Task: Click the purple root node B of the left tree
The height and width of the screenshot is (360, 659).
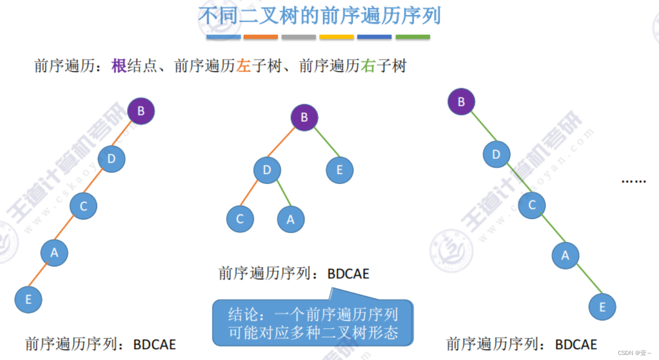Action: pyautogui.click(x=141, y=111)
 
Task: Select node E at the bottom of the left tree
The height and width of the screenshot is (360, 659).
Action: pyautogui.click(x=28, y=299)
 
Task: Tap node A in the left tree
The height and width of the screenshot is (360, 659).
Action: pyautogui.click(x=54, y=253)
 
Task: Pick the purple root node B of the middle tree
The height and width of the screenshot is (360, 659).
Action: pyautogui.click(x=304, y=118)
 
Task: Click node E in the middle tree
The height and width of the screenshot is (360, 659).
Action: pyautogui.click(x=339, y=170)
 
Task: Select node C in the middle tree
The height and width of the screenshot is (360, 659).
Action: pyautogui.click(x=240, y=219)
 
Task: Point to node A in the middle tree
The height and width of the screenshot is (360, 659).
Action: pyautogui.click(x=290, y=219)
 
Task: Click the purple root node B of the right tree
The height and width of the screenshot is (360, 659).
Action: pyautogui.click(x=461, y=102)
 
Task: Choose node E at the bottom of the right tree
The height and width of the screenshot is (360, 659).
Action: pyautogui.click(x=602, y=307)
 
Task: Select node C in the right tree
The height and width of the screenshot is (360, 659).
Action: pyautogui.click(x=532, y=205)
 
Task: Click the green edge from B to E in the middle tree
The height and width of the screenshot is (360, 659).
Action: pyautogui.click(x=323, y=144)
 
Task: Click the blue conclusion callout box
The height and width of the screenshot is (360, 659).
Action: pyautogui.click(x=313, y=324)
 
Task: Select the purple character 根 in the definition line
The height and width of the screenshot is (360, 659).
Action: pyautogui.click(x=119, y=66)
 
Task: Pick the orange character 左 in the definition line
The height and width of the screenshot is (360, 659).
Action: pyautogui.click(x=243, y=66)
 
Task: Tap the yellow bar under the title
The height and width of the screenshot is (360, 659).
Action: pyautogui.click(x=336, y=37)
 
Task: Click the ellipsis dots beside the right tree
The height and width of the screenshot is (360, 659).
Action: pyautogui.click(x=633, y=181)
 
